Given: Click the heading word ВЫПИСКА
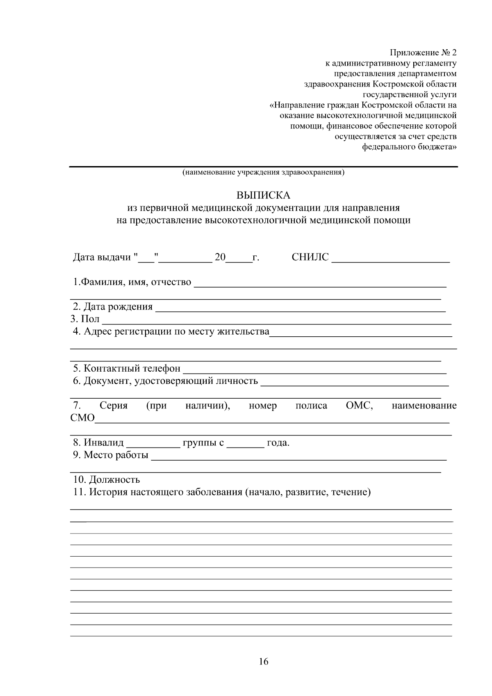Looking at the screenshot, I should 263,195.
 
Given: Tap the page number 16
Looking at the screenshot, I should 263,661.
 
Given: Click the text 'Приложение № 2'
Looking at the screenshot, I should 423,53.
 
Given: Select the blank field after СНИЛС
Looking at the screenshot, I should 390,258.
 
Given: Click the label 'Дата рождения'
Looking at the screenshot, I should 118,307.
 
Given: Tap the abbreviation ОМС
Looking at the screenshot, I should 359,406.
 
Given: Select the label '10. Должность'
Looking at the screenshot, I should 107,479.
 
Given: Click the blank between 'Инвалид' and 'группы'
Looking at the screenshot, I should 153,443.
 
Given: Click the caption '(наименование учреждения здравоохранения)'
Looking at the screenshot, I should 263,172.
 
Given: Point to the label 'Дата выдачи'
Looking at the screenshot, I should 102,258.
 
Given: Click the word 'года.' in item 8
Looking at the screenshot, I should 278,443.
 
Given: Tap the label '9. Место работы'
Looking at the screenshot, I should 111,455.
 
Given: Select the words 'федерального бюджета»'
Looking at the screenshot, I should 409,147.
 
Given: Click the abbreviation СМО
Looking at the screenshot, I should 82,418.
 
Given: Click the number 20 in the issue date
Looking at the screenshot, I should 220,258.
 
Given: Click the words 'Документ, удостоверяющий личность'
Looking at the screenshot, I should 171,381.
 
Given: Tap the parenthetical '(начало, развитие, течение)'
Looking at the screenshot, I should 307,492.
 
